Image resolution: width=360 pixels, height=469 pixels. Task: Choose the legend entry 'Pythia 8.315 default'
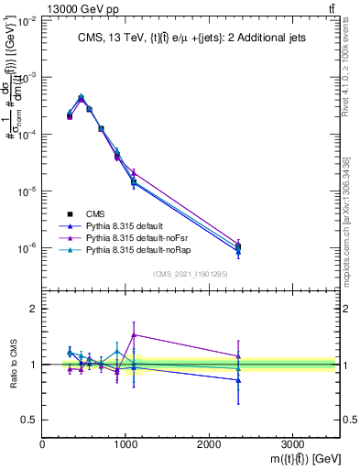(x=128, y=224)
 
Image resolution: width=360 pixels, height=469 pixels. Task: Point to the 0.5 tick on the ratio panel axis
(x=29, y=420)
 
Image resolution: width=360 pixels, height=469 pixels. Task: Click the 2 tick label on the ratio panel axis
(x=33, y=309)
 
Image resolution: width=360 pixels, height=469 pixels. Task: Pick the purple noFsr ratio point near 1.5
(x=134, y=335)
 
